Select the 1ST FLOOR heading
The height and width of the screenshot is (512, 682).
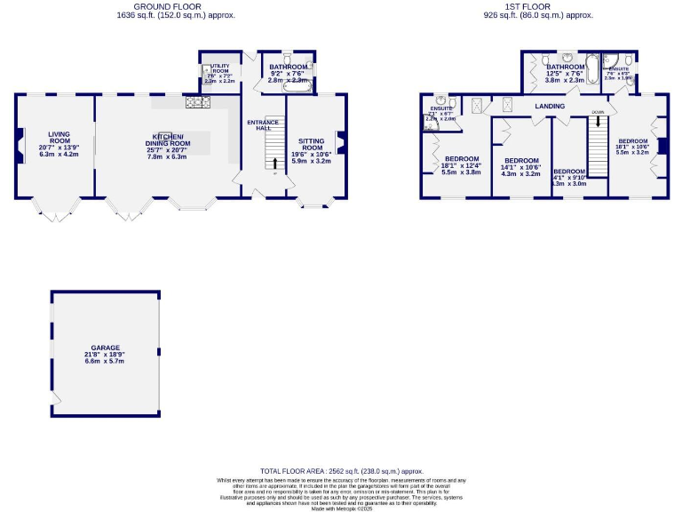point(538,5)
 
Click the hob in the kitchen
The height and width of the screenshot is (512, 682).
point(197,102)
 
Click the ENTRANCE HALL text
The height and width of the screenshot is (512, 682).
point(263,125)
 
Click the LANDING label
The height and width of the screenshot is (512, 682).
point(550,107)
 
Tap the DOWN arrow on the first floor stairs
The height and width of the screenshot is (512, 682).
point(598,118)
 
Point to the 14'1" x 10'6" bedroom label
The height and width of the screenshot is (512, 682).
point(521,161)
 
